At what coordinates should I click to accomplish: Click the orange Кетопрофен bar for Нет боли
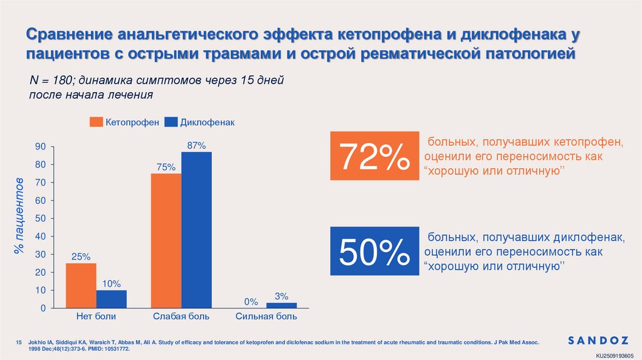(81, 285)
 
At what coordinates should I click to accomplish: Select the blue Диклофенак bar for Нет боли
(112, 299)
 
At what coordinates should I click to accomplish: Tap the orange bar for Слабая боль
(166, 241)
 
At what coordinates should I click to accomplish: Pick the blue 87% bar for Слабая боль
(196, 230)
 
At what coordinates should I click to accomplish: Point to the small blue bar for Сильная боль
(282, 305)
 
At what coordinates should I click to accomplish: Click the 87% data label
(197, 146)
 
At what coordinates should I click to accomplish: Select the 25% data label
(81, 257)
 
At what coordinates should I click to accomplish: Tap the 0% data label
(251, 302)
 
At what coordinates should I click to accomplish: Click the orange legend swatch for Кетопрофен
(96, 122)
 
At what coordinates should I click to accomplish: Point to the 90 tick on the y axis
(41, 147)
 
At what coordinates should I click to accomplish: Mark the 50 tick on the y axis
(41, 219)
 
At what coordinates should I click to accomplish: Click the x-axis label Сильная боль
(266, 317)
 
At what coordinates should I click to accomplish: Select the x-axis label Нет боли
(96, 317)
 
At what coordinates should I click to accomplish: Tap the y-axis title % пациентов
(19, 216)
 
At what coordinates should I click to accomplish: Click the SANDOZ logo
(597, 341)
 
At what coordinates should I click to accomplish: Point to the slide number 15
(19, 342)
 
